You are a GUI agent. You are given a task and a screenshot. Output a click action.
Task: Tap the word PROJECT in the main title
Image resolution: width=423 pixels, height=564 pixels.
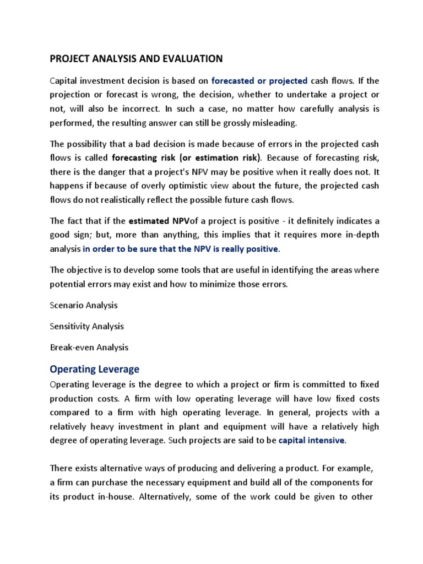click(x=72, y=58)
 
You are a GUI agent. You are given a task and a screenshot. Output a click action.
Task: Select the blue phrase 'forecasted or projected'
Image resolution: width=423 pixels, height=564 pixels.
click(x=259, y=81)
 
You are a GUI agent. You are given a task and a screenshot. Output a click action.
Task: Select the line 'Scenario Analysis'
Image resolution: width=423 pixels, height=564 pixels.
click(x=84, y=305)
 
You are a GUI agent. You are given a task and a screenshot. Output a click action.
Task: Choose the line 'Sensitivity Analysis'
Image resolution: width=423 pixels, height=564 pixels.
click(x=86, y=326)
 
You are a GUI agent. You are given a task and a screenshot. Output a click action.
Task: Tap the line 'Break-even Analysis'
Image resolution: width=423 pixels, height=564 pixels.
click(x=89, y=348)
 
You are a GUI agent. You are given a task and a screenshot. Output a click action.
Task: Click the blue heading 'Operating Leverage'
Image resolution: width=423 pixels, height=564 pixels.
click(x=95, y=368)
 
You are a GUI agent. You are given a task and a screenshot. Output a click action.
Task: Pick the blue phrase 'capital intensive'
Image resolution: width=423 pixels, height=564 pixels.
click(x=312, y=441)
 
